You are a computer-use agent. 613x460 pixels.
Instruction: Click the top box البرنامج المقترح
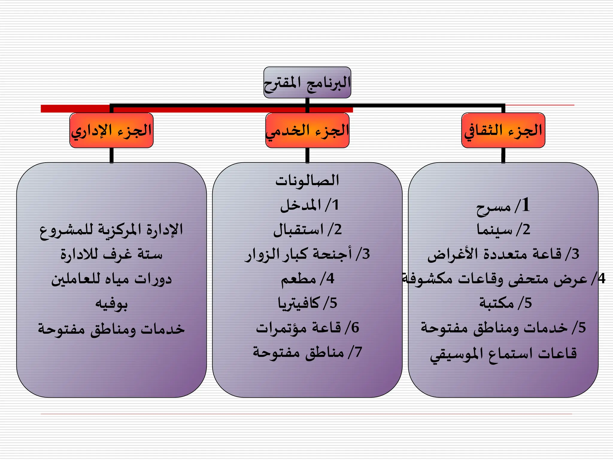click(x=307, y=82)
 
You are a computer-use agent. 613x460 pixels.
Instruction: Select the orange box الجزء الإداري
click(x=111, y=130)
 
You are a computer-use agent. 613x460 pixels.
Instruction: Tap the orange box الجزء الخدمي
click(x=307, y=130)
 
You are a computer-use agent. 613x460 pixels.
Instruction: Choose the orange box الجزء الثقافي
click(x=503, y=130)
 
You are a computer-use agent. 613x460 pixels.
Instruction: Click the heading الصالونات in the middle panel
click(x=307, y=180)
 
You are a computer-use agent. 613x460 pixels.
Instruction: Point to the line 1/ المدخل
click(x=309, y=205)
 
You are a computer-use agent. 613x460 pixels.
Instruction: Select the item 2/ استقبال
click(x=307, y=230)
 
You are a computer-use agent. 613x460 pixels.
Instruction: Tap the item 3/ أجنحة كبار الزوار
click(x=307, y=254)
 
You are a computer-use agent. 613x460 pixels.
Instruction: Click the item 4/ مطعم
click(x=307, y=279)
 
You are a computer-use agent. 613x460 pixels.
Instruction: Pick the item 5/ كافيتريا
click(x=307, y=303)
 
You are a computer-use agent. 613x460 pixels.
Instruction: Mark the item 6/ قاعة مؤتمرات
click(x=307, y=328)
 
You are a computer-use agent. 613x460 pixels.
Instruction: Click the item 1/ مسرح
click(x=503, y=206)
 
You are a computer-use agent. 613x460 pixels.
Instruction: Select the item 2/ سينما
click(x=503, y=230)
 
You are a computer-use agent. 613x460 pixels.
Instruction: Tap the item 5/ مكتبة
click(x=505, y=303)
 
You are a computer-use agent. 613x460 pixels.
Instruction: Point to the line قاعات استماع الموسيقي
click(x=503, y=354)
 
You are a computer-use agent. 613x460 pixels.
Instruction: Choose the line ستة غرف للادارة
click(x=111, y=254)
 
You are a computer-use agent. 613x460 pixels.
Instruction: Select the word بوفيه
click(x=111, y=304)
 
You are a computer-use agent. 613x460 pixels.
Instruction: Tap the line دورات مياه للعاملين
click(x=111, y=279)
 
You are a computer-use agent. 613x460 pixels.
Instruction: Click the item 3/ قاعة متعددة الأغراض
click(x=503, y=254)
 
